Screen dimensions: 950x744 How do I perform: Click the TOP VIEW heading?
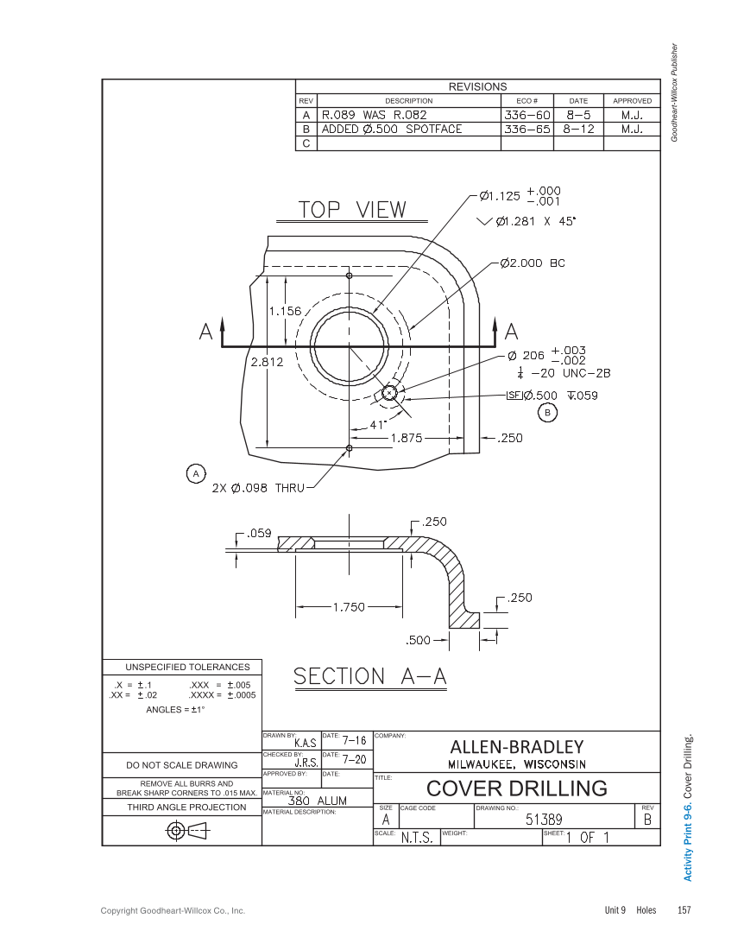click(352, 210)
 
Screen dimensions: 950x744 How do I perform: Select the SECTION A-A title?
click(370, 677)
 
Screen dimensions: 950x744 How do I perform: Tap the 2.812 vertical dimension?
click(267, 363)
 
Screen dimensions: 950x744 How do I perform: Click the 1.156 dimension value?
click(285, 311)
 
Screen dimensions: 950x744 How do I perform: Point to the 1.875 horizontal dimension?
click(406, 438)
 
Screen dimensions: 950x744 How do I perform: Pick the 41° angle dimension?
click(377, 425)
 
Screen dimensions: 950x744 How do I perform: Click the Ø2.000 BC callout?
click(532, 263)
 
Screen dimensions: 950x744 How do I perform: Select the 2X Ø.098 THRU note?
click(258, 488)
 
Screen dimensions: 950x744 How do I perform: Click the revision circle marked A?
click(196, 473)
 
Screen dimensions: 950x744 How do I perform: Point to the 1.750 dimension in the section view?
click(350, 607)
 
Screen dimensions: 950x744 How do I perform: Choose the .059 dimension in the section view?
click(259, 533)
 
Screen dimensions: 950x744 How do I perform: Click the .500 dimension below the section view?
click(418, 640)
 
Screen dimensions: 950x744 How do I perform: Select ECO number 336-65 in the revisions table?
click(526, 129)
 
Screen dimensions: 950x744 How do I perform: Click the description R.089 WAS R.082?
click(375, 114)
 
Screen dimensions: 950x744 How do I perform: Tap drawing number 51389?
click(544, 820)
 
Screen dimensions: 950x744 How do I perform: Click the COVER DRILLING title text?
click(516, 788)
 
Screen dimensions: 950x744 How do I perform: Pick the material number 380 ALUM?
click(317, 801)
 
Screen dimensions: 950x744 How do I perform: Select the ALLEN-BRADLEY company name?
click(516, 746)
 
